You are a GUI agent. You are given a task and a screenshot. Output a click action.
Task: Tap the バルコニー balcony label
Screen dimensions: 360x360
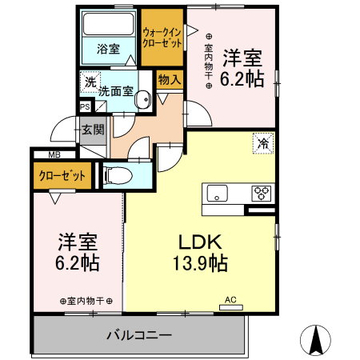click(x=138, y=335)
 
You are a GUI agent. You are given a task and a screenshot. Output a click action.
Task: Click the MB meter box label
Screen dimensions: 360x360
click(x=54, y=154)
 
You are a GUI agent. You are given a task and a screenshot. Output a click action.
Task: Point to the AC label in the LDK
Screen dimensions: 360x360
click(x=230, y=300)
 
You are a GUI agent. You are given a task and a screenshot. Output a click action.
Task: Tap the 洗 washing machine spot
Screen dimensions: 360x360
click(x=90, y=81)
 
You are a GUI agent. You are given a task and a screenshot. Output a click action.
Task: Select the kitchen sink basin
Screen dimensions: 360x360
click(x=217, y=193)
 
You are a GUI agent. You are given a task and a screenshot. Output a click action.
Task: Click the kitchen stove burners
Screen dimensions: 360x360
click(x=262, y=193)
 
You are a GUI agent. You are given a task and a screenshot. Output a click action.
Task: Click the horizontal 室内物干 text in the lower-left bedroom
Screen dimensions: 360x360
click(x=86, y=301)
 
